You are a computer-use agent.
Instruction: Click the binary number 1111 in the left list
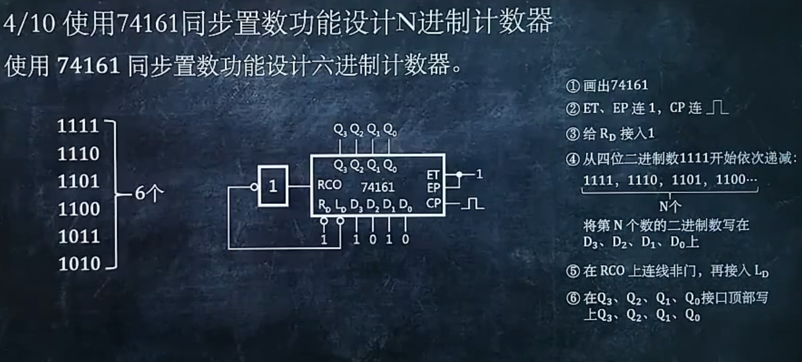[78, 127]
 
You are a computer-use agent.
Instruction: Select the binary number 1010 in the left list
[79, 264]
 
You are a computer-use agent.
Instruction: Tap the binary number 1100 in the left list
[79, 209]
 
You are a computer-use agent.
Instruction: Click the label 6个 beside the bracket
[146, 194]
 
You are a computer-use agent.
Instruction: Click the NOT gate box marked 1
[273, 186]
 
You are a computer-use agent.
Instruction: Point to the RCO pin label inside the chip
[329, 185]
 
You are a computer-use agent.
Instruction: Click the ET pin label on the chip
[433, 175]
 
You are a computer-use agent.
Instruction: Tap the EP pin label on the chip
[433, 187]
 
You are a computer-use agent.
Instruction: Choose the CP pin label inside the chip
[433, 203]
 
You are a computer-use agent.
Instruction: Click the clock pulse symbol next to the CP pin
[472, 205]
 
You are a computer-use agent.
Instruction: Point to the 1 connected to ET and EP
[479, 175]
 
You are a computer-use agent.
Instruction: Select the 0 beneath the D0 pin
[405, 239]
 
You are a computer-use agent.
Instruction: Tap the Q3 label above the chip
[340, 130]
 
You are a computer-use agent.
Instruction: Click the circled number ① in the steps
[572, 86]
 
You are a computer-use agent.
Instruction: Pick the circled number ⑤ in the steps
[572, 272]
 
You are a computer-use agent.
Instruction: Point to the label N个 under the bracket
[669, 205]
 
